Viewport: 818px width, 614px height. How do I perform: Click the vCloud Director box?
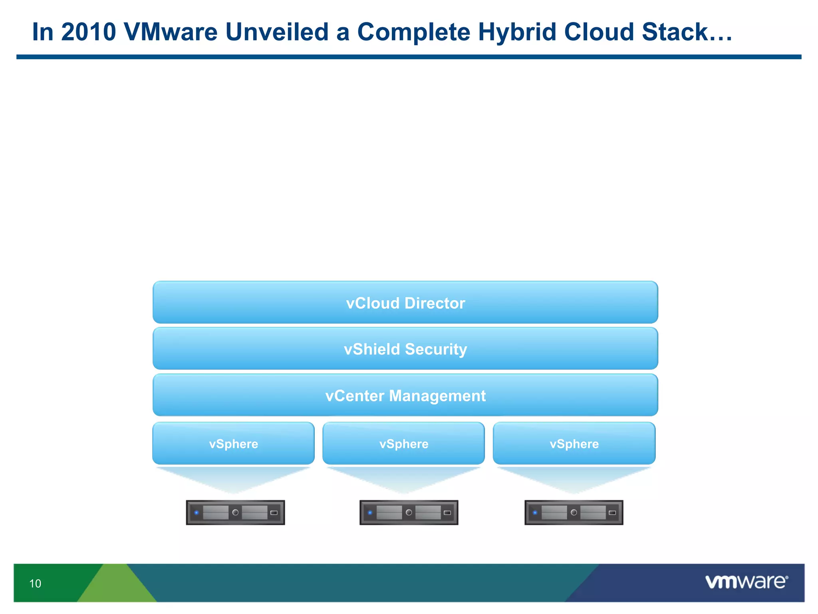point(405,302)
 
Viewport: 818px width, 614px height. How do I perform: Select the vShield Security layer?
point(405,349)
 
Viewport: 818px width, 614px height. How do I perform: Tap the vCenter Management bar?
point(405,395)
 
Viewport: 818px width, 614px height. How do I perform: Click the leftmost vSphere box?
point(233,443)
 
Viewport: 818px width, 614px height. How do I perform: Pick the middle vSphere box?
point(403,443)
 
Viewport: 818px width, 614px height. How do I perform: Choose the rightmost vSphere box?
point(574,443)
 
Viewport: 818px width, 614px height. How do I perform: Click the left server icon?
point(235,512)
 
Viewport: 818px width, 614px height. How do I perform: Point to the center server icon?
point(409,512)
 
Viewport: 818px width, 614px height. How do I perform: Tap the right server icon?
point(574,512)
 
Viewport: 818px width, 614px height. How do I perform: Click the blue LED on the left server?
point(197,512)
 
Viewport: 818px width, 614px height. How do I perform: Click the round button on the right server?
point(574,512)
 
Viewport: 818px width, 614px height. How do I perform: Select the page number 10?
point(35,584)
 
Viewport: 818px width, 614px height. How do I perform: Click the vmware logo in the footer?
point(746,582)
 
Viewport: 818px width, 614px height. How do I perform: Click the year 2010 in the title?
point(88,32)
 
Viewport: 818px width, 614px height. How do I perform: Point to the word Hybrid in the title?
point(517,32)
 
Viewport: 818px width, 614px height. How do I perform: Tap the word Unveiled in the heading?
point(277,32)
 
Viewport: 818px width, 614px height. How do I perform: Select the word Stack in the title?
point(675,32)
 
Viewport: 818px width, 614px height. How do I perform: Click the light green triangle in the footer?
point(116,586)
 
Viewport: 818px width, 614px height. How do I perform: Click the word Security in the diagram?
point(436,349)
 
